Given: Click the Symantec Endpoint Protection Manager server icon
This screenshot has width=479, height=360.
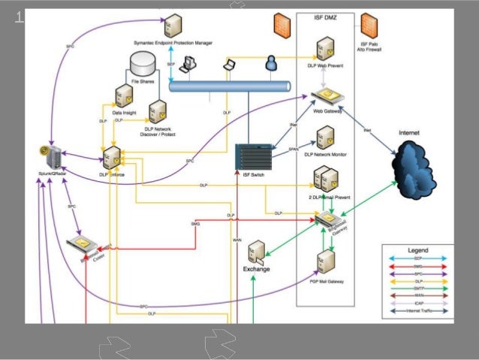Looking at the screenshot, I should pyautogui.click(x=174, y=26).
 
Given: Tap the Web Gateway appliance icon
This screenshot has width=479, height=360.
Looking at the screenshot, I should pyautogui.click(x=327, y=96).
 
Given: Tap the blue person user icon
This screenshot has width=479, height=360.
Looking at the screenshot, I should pyautogui.click(x=270, y=67).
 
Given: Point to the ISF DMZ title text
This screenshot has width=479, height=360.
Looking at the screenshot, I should pyautogui.click(x=330, y=16).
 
